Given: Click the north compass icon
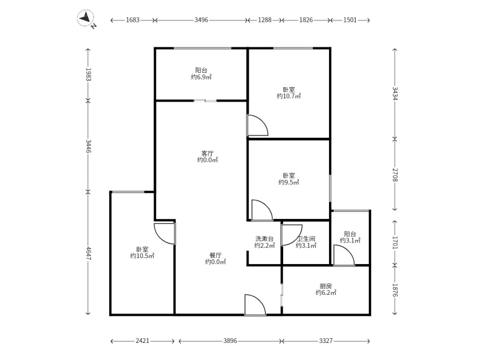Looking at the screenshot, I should coord(87,19).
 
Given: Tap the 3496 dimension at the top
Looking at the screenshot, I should coord(201,20).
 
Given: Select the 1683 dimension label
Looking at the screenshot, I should coord(133,20).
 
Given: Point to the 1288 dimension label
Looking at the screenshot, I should coord(264,20).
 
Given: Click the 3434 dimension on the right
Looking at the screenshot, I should coord(395,93).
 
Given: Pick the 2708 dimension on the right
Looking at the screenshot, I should coord(395,174).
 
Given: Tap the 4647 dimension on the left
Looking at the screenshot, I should coord(88,253).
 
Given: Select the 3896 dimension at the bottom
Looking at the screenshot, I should coord(230,341).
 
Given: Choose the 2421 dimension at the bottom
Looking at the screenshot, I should coord(142,341).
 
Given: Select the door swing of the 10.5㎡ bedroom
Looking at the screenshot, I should coord(165,233).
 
